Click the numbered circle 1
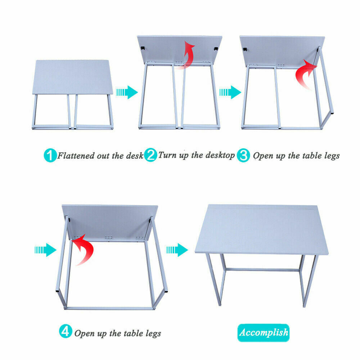pyautogui.click(x=50, y=156)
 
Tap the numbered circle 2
pyautogui.click(x=150, y=155)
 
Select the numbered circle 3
pyautogui.click(x=243, y=156)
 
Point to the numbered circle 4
pyautogui.click(x=66, y=331)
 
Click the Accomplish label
pyautogui.click(x=264, y=332)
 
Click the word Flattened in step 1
pyautogui.click(x=76, y=156)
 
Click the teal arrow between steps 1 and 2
pyautogui.click(x=127, y=92)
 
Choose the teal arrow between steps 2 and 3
pyautogui.click(x=230, y=92)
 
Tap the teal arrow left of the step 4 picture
pyautogui.click(x=45, y=250)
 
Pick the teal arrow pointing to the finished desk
pyautogui.click(x=177, y=250)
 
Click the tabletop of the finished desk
pyautogui.click(x=262, y=230)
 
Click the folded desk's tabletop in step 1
pyautogui.click(x=73, y=77)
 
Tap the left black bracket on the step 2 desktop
pyautogui.click(x=143, y=49)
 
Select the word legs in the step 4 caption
pyautogui.click(x=153, y=334)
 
